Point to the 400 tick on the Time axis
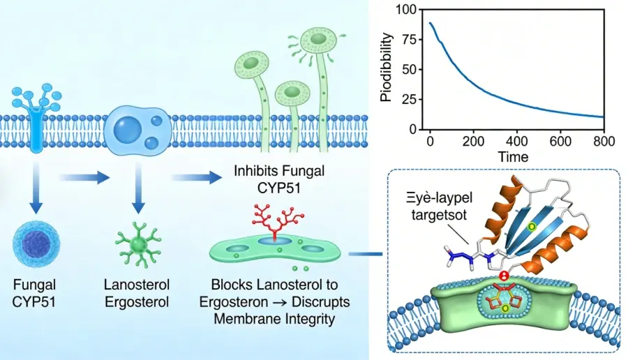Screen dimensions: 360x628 516,142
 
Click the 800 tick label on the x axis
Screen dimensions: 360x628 604,142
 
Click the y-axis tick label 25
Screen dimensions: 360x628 409,100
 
